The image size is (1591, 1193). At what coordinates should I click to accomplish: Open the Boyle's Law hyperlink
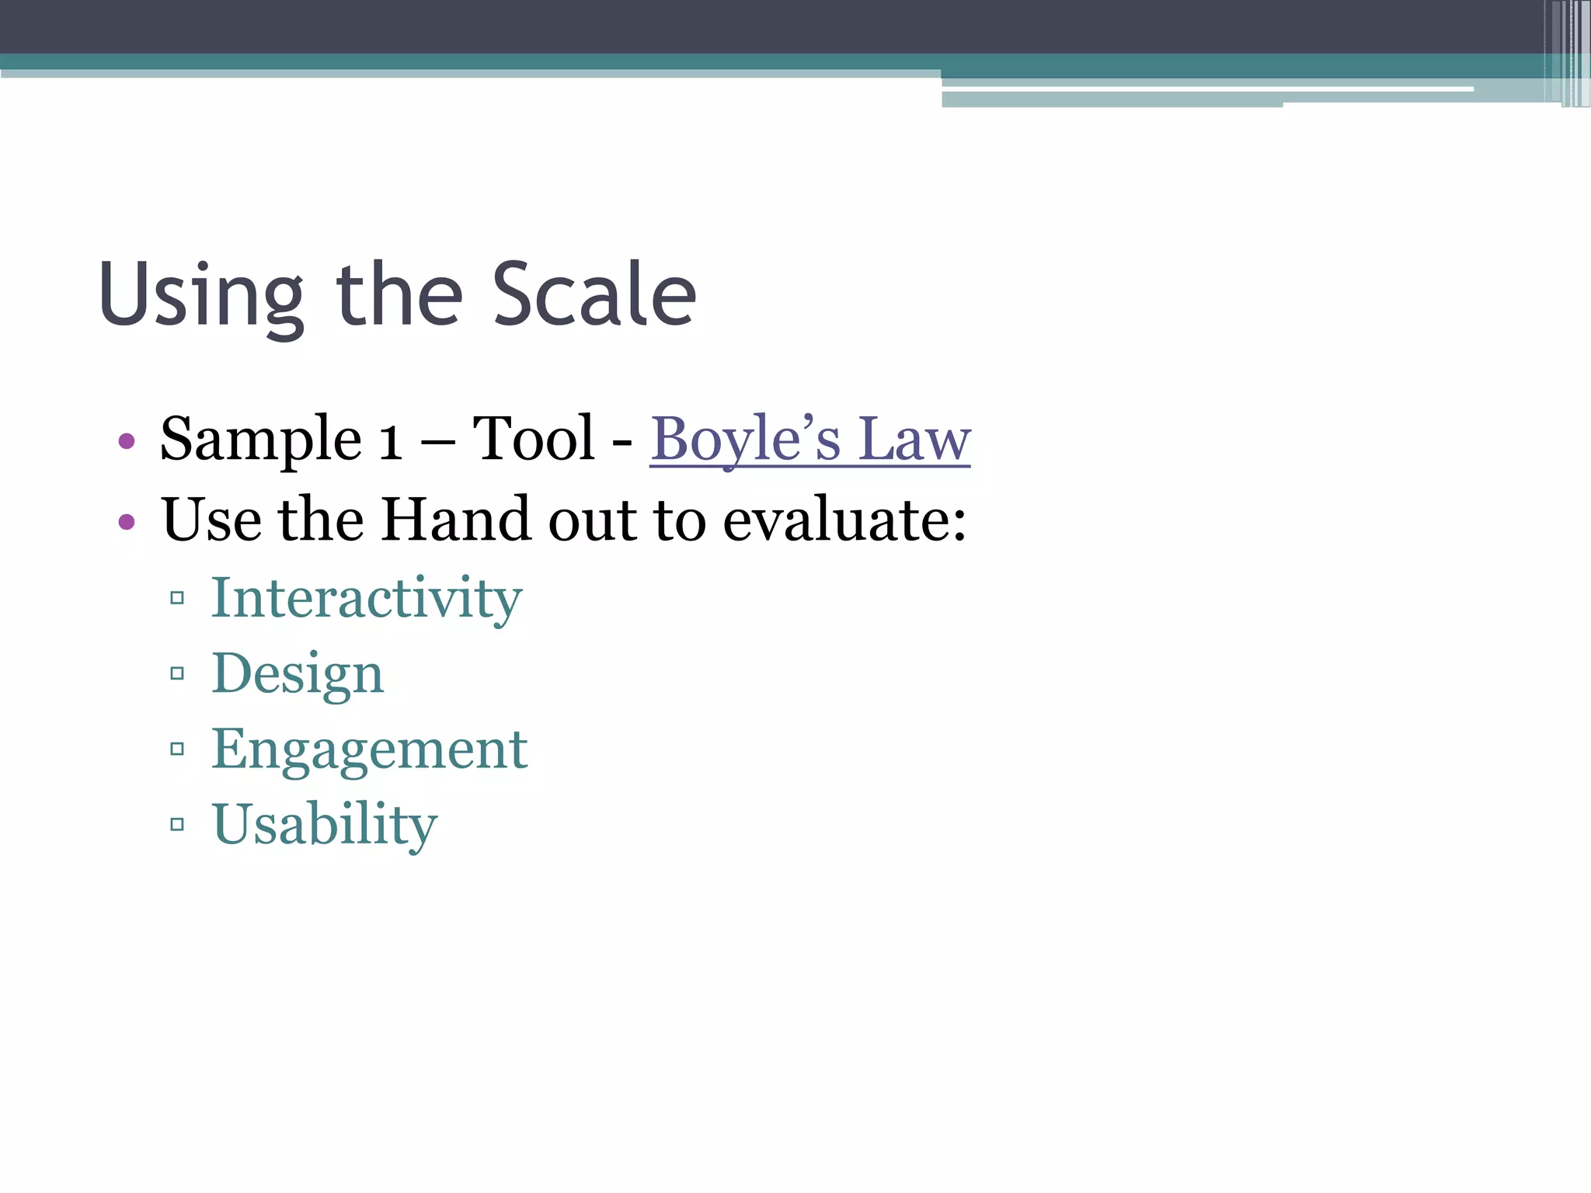(x=809, y=440)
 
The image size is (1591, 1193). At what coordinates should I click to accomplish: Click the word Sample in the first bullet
(x=260, y=440)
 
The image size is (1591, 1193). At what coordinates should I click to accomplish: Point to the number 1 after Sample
(x=390, y=441)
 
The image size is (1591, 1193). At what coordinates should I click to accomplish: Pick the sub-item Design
(x=298, y=673)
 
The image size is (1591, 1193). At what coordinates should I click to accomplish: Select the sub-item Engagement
(x=370, y=750)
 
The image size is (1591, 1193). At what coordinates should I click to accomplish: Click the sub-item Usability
(x=325, y=824)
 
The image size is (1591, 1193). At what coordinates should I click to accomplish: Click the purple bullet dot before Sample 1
(x=127, y=442)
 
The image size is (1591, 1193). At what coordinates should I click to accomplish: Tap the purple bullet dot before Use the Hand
(x=127, y=521)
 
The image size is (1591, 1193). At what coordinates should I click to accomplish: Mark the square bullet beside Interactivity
(x=177, y=598)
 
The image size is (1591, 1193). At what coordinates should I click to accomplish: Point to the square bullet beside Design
(x=177, y=673)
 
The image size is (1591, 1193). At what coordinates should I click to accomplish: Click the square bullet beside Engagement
(x=177, y=749)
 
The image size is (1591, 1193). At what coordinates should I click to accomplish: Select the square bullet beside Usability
(x=177, y=824)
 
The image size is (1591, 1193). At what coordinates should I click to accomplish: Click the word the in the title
(x=399, y=294)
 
